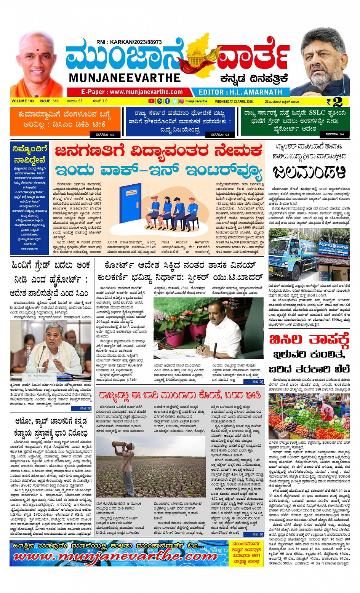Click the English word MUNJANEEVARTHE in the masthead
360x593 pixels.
tap(125, 78)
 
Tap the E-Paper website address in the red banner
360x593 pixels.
tap(132, 92)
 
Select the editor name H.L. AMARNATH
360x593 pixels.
tap(240, 92)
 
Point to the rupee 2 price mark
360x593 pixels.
tap(334, 102)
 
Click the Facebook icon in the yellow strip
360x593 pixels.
tap(167, 101)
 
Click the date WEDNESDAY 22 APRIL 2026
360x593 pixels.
tap(234, 102)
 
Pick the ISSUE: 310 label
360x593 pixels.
tap(49, 101)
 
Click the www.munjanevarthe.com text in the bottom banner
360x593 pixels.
tap(114, 556)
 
